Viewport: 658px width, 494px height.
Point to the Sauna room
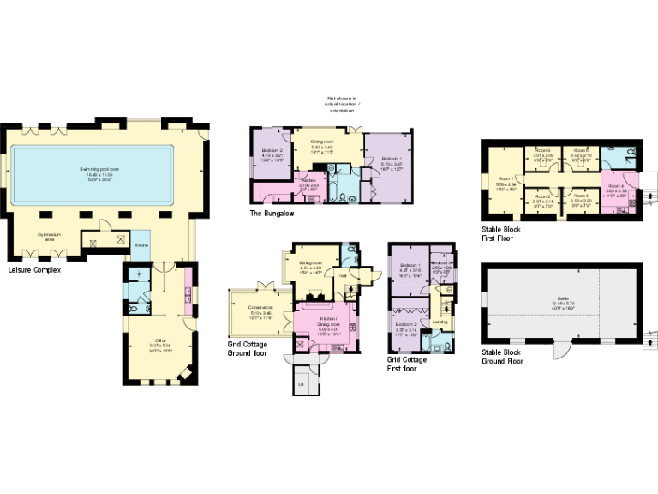point(141,244)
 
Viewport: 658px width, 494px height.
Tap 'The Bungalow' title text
point(272,213)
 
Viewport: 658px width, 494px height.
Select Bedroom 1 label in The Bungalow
point(389,161)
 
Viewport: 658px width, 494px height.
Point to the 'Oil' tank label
point(301,383)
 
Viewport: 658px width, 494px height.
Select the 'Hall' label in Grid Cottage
point(343,276)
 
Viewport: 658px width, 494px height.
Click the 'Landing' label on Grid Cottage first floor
point(440,322)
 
